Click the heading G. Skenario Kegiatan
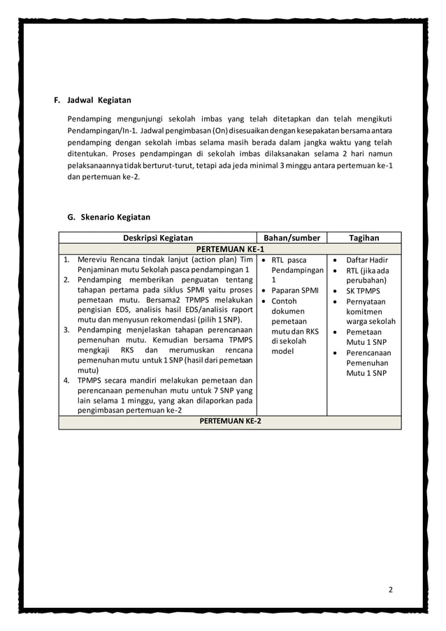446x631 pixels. tap(108, 217)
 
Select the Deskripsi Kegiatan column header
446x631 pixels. tap(158, 238)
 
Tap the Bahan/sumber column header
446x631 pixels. tap(292, 238)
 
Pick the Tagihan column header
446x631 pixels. tap(364, 238)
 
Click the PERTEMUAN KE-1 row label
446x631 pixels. tap(230, 249)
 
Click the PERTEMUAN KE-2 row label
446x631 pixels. tap(230, 421)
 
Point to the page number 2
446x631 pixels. tap(391, 590)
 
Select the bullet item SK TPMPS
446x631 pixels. tap(364, 291)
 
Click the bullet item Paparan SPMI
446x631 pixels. tap(295, 290)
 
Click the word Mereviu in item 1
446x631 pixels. tap(95, 260)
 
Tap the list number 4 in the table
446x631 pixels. tap(66, 381)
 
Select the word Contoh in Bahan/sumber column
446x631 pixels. tap(284, 301)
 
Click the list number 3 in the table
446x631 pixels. tap(66, 329)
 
